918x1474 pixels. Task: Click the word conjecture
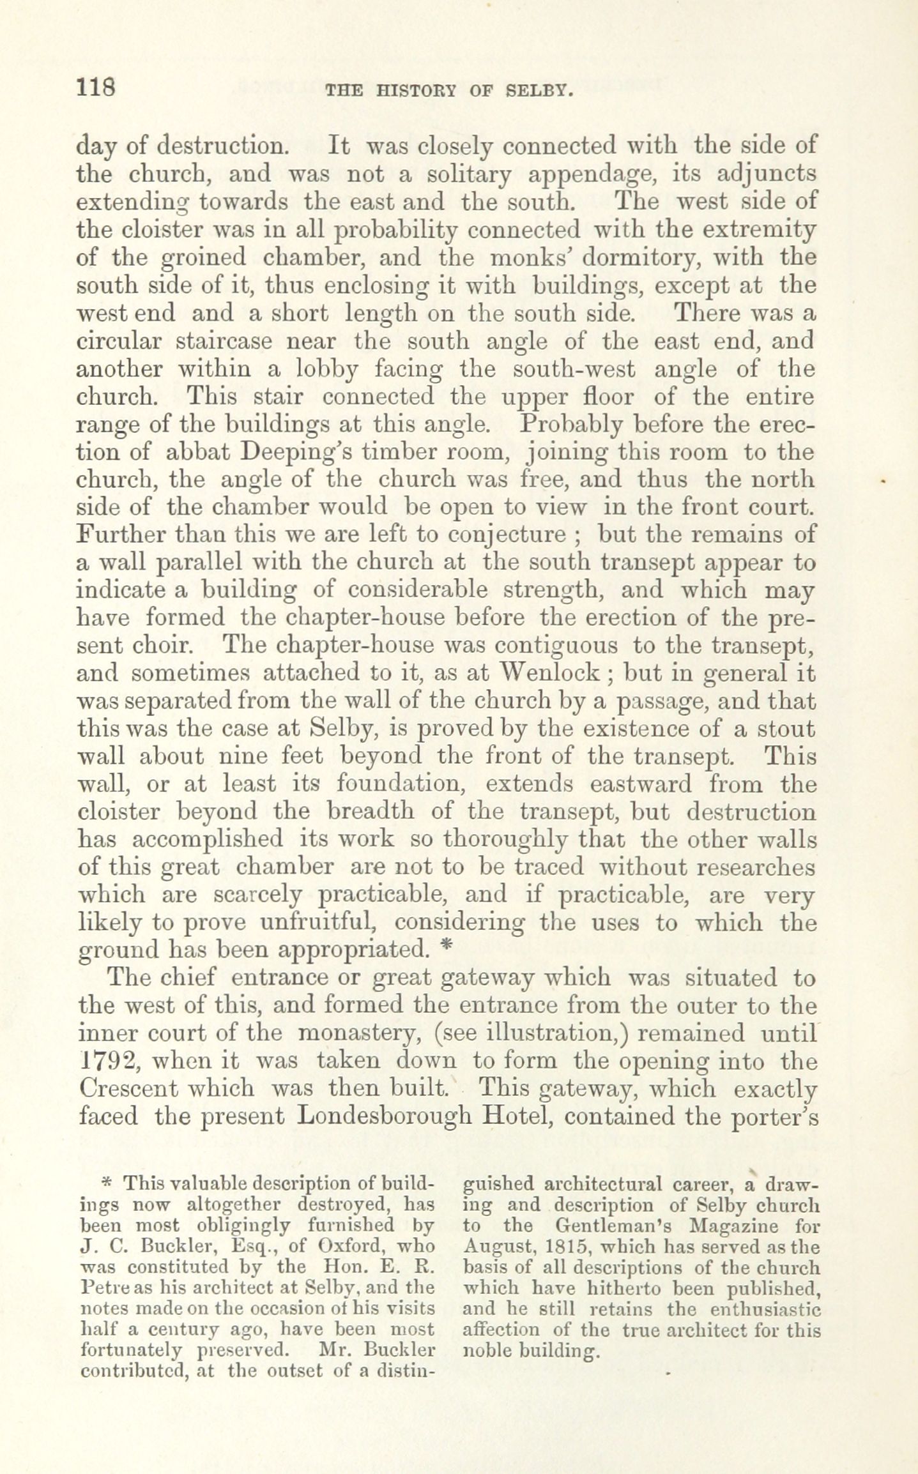509,535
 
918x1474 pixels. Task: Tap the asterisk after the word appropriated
447,949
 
